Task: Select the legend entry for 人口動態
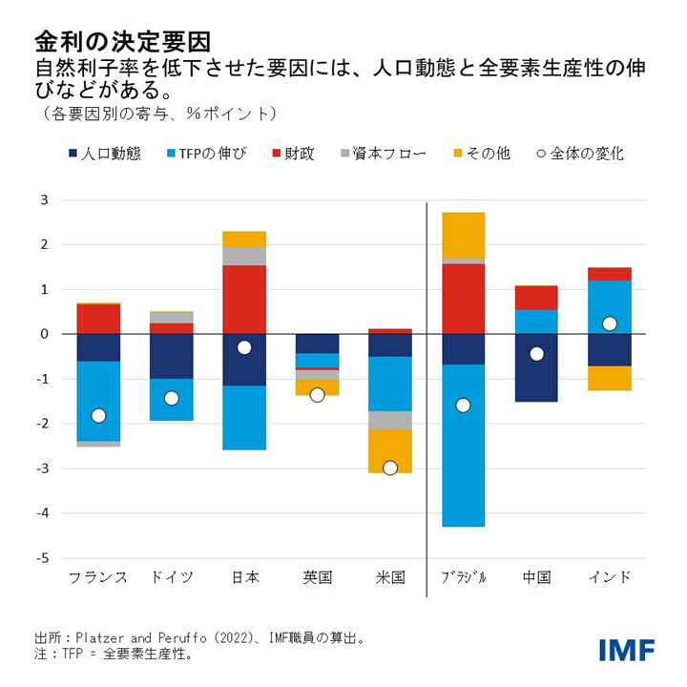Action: pos(104,153)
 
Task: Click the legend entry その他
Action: pos(480,153)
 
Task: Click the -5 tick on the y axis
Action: pos(43,558)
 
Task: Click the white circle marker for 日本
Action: pos(244,347)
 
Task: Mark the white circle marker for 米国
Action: pos(390,468)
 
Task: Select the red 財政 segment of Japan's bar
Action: pos(244,299)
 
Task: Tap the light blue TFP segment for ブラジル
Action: pos(464,445)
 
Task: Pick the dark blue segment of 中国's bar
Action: pos(536,367)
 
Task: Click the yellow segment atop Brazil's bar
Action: pos(464,234)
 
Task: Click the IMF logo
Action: pos(627,650)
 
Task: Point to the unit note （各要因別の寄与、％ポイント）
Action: pos(158,114)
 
